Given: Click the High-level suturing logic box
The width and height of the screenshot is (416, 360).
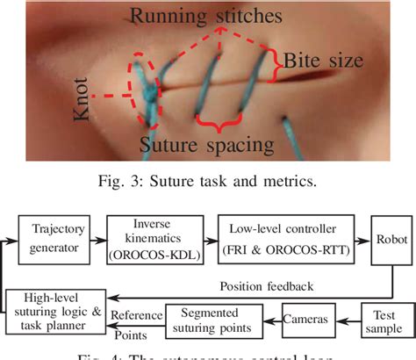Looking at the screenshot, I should [57, 312].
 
